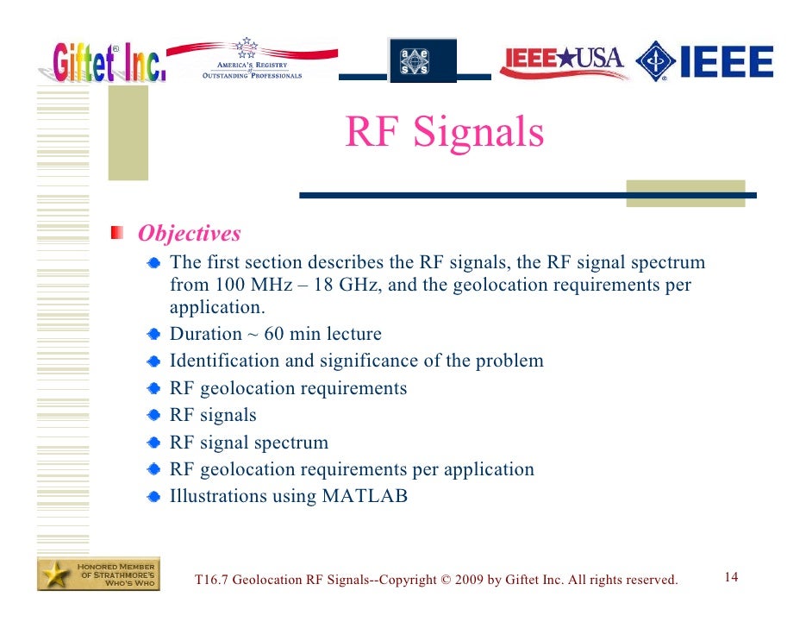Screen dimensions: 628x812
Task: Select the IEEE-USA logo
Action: (x=561, y=61)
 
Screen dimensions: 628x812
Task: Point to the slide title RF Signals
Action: (x=444, y=133)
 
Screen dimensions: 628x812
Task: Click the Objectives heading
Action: (x=190, y=234)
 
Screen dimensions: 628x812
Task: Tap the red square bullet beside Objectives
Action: (x=117, y=233)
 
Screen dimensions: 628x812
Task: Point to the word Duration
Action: (x=206, y=334)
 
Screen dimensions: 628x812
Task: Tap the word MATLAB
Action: (x=365, y=496)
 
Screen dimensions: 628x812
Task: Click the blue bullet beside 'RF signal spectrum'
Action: (x=153, y=443)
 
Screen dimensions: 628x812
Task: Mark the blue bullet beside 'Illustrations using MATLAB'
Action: (x=153, y=497)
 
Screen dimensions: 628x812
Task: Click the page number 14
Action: (x=731, y=577)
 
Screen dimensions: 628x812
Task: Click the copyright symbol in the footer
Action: (x=445, y=580)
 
